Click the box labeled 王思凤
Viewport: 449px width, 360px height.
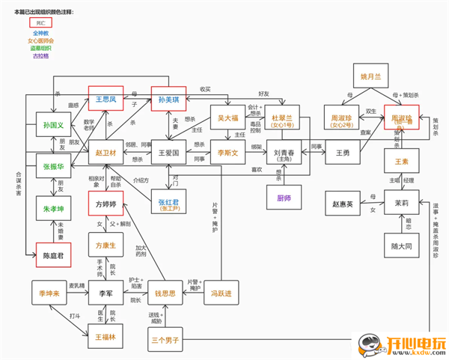tap(106, 99)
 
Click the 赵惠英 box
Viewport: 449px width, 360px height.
tap(343, 203)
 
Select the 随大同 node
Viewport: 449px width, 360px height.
tap(403, 245)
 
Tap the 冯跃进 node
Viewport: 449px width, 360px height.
tap(222, 292)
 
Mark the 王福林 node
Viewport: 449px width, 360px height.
tap(105, 338)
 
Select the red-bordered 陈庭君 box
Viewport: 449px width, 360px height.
tap(53, 255)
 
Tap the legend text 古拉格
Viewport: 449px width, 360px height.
tap(41, 55)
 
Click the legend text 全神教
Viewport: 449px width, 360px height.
tap(41, 34)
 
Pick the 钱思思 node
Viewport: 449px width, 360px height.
tap(165, 292)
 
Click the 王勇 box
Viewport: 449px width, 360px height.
tap(343, 152)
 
